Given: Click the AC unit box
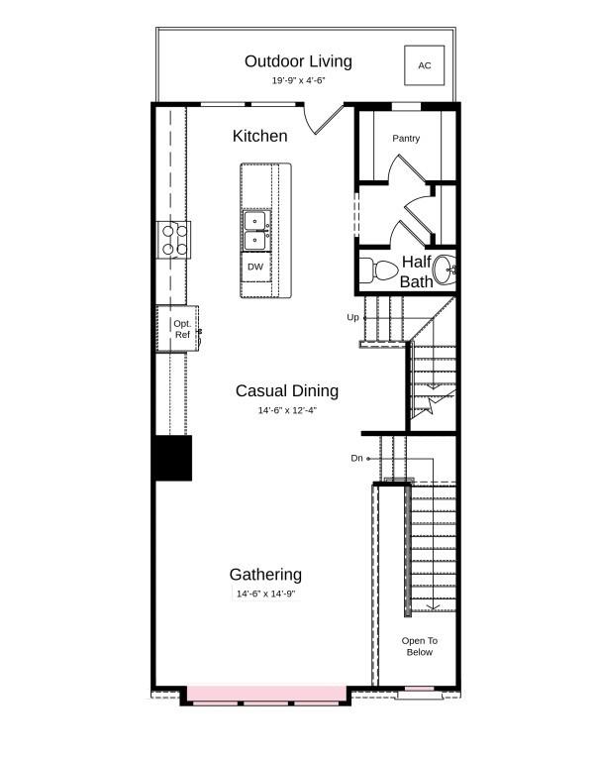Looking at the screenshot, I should tap(424, 65).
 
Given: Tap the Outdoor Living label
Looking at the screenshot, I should tap(298, 62).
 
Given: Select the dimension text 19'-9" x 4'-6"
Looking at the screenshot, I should tap(298, 80).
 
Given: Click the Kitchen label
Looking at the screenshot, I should tap(260, 136).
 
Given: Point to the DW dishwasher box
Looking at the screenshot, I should tap(255, 268).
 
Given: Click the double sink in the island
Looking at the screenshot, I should tap(254, 230).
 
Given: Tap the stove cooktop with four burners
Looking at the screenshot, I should tap(175, 239).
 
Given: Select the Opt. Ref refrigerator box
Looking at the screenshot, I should tap(179, 329).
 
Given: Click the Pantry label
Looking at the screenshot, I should tap(406, 139).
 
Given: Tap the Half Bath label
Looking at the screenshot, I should tap(417, 272).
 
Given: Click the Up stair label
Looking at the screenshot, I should tap(353, 317).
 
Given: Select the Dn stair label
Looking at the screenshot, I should tap(356, 458).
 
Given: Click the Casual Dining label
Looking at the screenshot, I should tap(287, 390).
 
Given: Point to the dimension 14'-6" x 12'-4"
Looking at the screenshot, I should tap(287, 409).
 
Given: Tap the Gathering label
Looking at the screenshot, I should tap(265, 575).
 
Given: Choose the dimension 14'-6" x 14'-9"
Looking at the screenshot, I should tap(265, 594).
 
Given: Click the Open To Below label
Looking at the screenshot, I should tap(420, 646).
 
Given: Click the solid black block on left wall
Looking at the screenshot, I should tap(173, 459).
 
